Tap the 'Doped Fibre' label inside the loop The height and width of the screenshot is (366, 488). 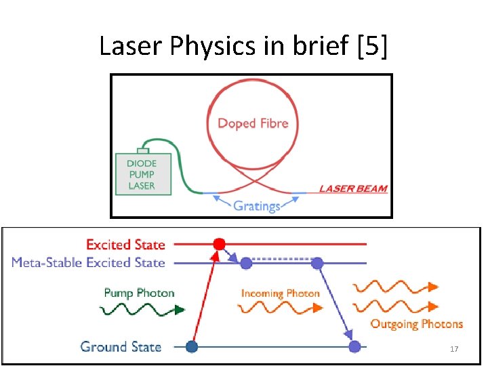[x=253, y=123]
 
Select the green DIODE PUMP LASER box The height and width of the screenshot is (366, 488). [x=141, y=175]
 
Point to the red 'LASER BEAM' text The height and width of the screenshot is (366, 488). [x=353, y=188]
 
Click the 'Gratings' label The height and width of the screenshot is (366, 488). [x=256, y=205]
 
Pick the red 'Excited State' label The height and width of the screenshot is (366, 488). [x=125, y=244]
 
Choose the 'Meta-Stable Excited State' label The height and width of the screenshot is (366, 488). [x=88, y=262]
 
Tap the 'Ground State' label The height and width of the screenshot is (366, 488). [x=121, y=347]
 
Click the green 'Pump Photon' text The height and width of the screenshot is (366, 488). [x=139, y=293]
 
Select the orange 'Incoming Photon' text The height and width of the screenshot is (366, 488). [x=280, y=293]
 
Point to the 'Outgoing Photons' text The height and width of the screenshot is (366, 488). [x=416, y=324]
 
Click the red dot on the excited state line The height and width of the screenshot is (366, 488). [x=219, y=243]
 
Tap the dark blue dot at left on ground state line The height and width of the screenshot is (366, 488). [x=192, y=347]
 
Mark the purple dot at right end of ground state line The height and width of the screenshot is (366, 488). [x=354, y=347]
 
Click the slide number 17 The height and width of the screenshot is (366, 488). [x=454, y=349]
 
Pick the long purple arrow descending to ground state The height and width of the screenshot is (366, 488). [x=336, y=299]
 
